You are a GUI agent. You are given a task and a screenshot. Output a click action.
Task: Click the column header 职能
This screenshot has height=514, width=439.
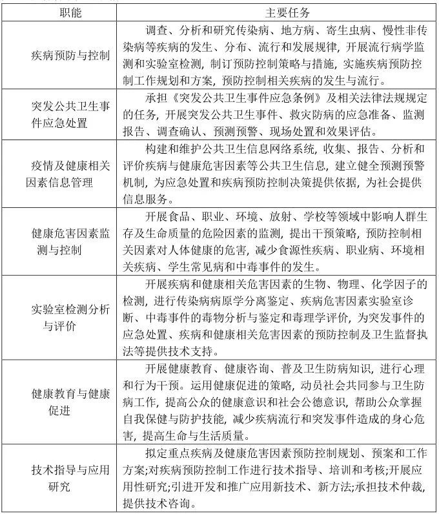(70, 13)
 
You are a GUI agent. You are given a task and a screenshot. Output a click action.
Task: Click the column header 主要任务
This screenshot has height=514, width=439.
(278, 13)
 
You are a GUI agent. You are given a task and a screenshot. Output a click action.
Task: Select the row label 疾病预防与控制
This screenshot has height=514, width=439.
(70, 56)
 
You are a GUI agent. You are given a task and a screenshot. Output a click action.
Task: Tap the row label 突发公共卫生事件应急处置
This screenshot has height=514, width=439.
(70, 114)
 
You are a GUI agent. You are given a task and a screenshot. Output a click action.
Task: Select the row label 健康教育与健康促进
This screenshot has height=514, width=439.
(70, 402)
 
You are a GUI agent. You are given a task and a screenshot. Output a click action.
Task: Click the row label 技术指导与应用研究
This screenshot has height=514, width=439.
(70, 478)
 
